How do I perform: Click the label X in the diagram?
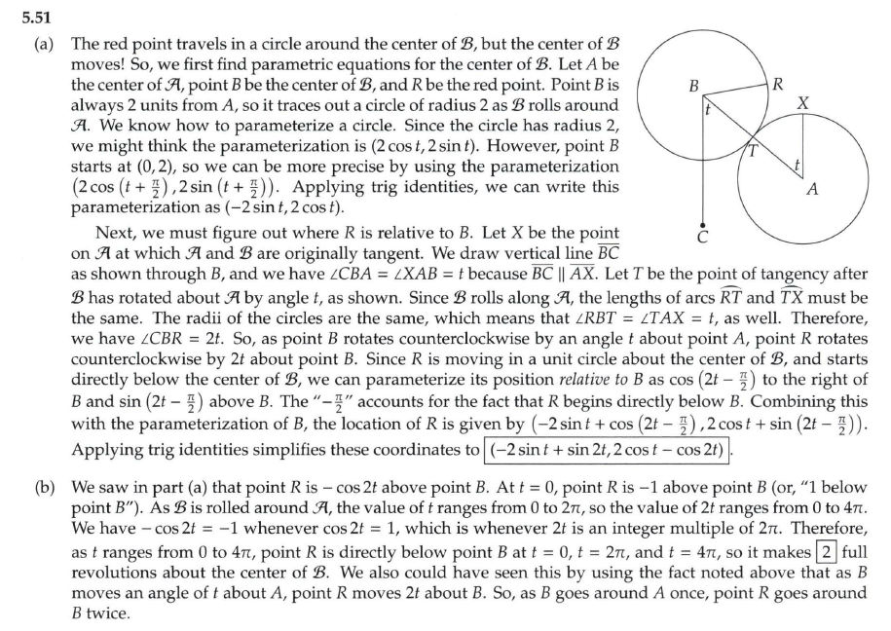click(801, 103)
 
